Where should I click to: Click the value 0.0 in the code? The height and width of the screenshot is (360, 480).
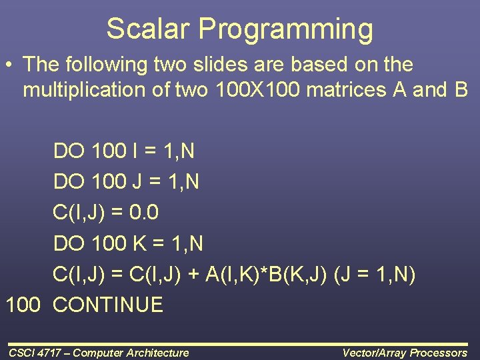coord(143,213)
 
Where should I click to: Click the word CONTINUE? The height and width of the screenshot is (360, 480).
coord(107,305)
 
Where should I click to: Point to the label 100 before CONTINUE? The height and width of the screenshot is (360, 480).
coord(24,305)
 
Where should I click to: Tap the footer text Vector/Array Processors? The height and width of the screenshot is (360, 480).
coord(405,353)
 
